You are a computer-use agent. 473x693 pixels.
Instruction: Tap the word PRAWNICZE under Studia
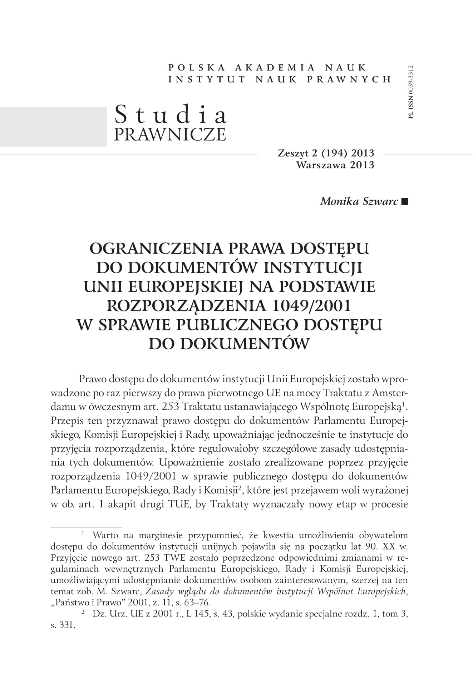[170, 134]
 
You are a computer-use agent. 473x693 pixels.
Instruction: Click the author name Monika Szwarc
[359, 201]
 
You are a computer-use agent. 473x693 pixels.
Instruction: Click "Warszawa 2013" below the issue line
[335, 164]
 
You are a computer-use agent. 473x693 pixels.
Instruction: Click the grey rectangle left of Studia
[54, 127]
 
